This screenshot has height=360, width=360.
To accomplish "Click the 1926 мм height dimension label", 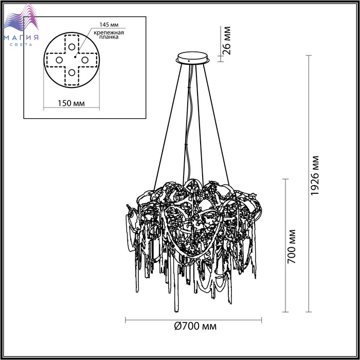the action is (x=314, y=176).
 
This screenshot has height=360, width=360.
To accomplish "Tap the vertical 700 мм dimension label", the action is (x=292, y=246).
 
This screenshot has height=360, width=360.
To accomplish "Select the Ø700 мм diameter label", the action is (x=195, y=326).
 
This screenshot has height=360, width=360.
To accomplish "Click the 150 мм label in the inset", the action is (x=71, y=103).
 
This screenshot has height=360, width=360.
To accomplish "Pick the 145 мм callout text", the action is (x=109, y=25).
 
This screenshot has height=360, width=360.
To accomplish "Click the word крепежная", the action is (x=109, y=32).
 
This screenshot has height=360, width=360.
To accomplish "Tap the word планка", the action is (x=109, y=37).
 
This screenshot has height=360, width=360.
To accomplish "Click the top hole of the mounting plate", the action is (x=71, y=47).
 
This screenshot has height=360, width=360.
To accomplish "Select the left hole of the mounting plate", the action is (x=59, y=60).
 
